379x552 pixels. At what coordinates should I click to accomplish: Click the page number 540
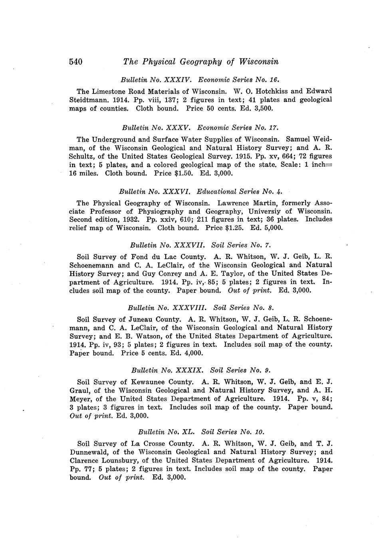(x=76, y=62)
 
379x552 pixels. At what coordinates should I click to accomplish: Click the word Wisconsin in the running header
(x=258, y=62)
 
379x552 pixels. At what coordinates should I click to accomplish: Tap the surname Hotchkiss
(x=280, y=91)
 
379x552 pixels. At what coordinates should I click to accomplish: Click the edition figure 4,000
(x=192, y=353)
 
